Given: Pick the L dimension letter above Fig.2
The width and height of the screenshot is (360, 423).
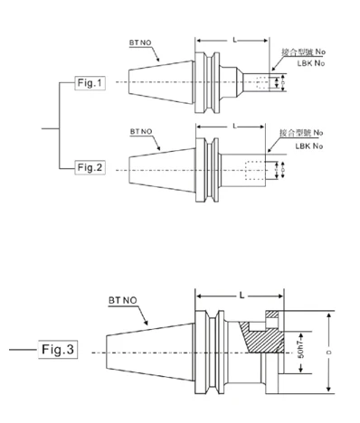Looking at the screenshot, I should [x=233, y=126].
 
